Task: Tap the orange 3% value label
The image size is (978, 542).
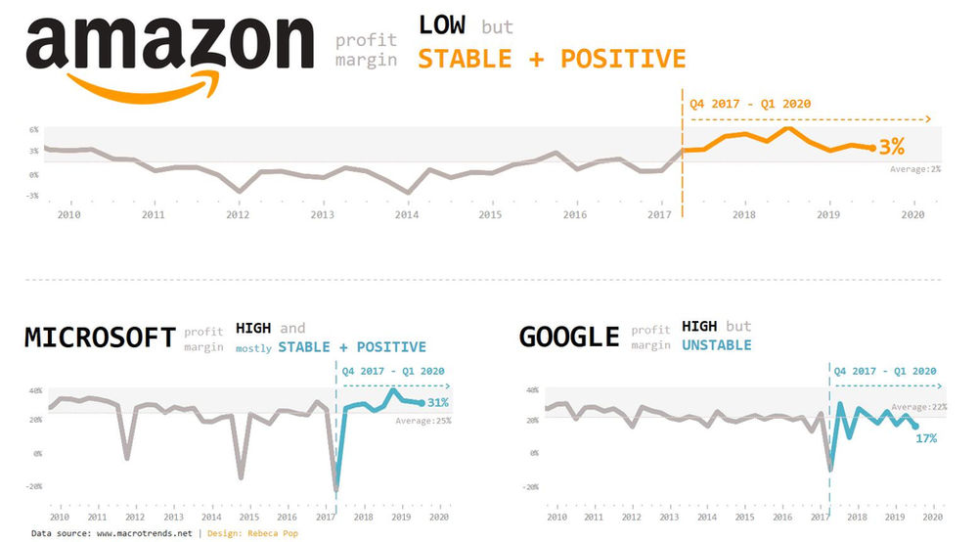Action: (x=891, y=148)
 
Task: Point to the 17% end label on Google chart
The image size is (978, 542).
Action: (x=925, y=438)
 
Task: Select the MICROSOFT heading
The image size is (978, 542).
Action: (x=99, y=338)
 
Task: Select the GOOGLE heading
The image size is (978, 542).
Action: (x=569, y=338)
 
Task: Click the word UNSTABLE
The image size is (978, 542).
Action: (x=717, y=345)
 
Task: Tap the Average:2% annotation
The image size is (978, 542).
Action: (x=915, y=168)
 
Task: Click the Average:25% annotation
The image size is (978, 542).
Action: (x=422, y=421)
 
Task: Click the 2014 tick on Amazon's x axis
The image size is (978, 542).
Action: (x=407, y=214)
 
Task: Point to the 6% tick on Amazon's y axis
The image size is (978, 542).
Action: (x=33, y=129)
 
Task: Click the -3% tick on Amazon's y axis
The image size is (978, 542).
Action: (x=31, y=196)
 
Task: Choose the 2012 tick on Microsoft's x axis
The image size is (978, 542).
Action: (x=135, y=517)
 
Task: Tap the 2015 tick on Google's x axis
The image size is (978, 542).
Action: (x=745, y=517)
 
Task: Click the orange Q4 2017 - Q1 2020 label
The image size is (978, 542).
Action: (x=750, y=104)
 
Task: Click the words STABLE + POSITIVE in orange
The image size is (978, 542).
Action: (x=552, y=59)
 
